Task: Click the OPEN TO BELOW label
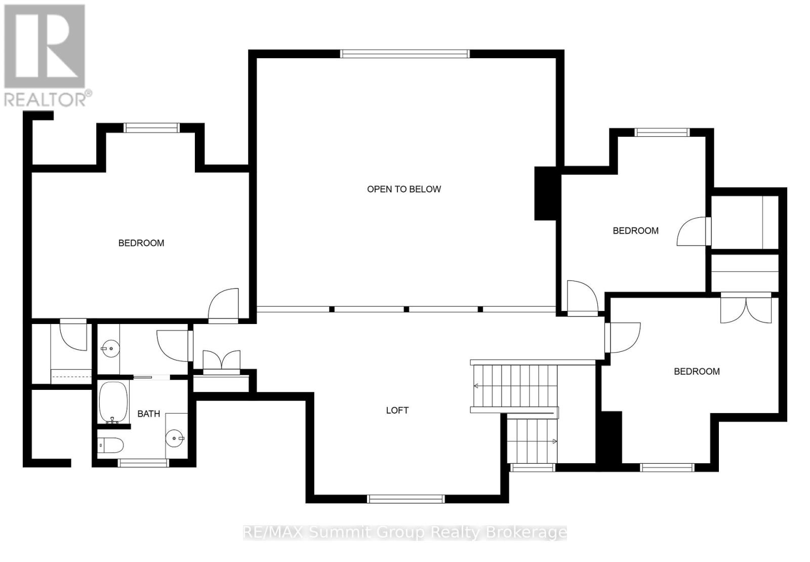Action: (x=403, y=189)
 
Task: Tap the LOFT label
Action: (x=397, y=411)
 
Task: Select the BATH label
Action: (x=148, y=414)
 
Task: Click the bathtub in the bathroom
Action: (x=112, y=403)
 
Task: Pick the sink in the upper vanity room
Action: (x=108, y=348)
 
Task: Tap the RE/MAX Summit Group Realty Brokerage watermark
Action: (x=405, y=532)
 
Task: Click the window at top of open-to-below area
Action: (x=404, y=54)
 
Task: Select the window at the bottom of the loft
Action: (x=406, y=499)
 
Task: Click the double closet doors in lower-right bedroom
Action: (x=746, y=309)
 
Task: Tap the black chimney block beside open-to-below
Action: (x=545, y=193)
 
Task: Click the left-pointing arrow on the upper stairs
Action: (x=477, y=386)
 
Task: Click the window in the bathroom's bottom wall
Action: (x=143, y=462)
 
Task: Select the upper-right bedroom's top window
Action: (x=662, y=133)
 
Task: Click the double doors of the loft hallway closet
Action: (x=221, y=361)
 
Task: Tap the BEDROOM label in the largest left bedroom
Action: (x=141, y=243)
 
